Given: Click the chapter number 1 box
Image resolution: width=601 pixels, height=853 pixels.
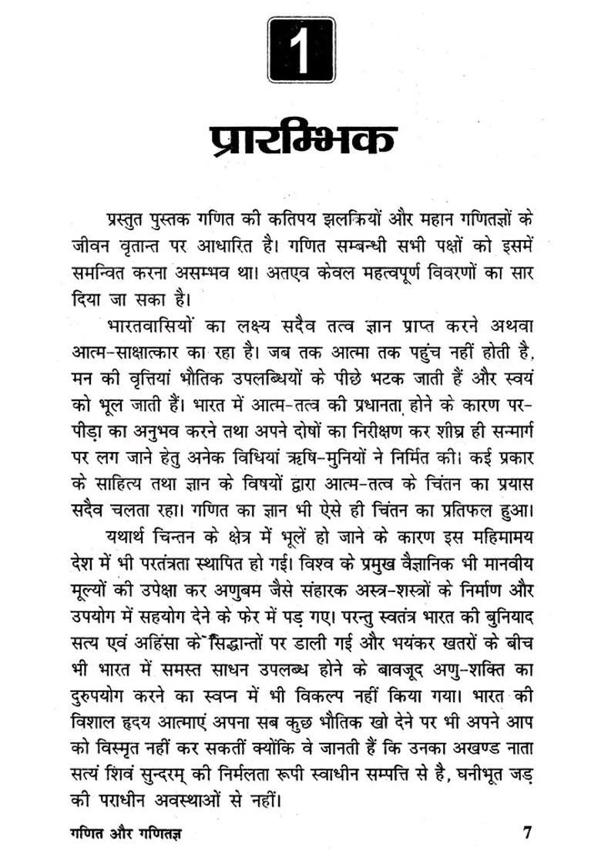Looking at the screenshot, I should (302, 50).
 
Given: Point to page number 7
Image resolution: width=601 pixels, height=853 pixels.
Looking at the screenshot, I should (527, 832).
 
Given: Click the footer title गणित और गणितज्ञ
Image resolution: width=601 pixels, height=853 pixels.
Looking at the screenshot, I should (126, 833).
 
